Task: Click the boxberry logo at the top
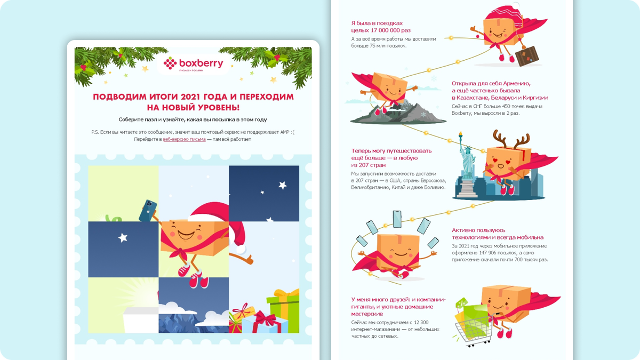point(193,64)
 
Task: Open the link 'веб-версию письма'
point(185,139)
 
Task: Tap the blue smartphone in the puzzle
point(148,211)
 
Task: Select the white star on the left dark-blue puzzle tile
point(123,237)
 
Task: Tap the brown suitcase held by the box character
point(527,55)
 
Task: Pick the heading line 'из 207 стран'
point(369,165)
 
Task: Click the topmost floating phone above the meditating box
point(397,219)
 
